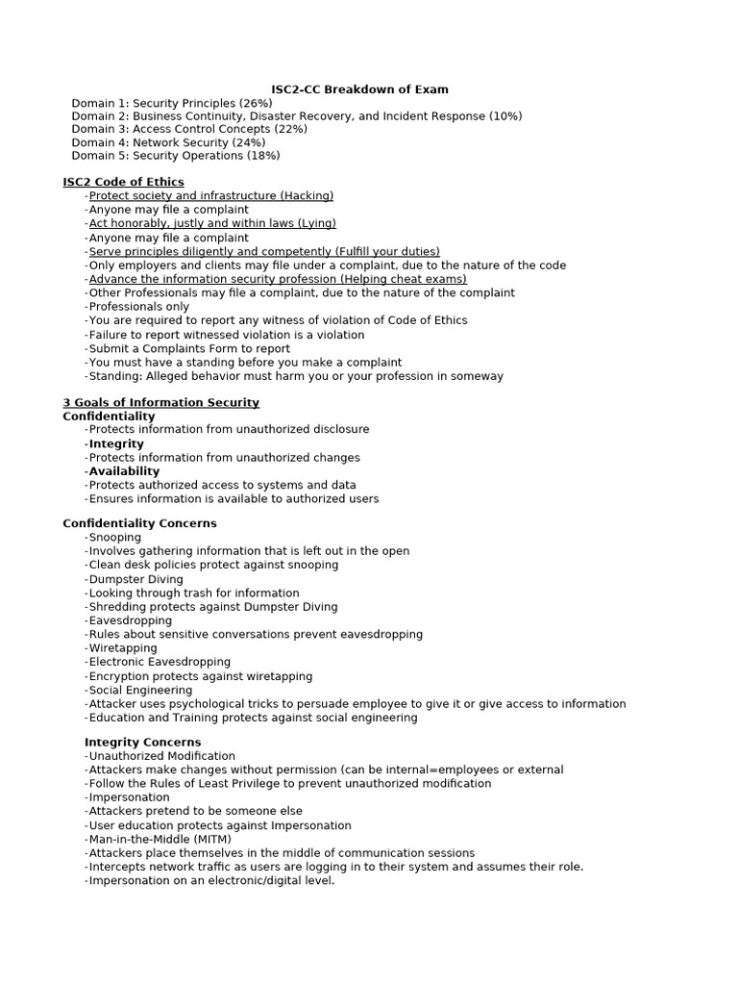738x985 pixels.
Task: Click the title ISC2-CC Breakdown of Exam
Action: [359, 89]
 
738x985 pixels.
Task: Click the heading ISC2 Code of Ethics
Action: [123, 182]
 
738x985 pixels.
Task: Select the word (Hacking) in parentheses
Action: [307, 195]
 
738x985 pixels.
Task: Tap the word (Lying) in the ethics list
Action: [311, 223]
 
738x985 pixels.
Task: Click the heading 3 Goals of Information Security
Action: [160, 402]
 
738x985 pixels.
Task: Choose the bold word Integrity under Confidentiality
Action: [116, 443]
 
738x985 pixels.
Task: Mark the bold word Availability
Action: [124, 471]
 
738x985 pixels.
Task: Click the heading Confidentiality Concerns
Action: [139, 523]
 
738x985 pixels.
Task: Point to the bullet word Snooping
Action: [114, 537]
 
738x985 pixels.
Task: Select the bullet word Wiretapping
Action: [122, 648]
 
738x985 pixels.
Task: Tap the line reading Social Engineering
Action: [140, 690]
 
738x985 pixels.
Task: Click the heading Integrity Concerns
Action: [142, 743]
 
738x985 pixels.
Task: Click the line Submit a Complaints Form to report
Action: [188, 348]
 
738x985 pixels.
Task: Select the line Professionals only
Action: [138, 307]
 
